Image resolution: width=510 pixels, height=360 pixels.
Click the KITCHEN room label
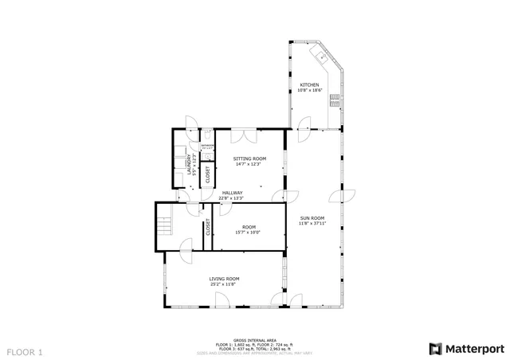pyautogui.click(x=310, y=84)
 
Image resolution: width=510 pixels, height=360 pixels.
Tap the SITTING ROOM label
pyautogui.click(x=249, y=158)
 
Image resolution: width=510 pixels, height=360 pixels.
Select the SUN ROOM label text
pyautogui.click(x=312, y=217)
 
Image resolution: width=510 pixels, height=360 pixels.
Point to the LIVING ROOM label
pyautogui.click(x=225, y=278)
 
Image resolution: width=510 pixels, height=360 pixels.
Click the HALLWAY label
pyautogui.click(x=233, y=193)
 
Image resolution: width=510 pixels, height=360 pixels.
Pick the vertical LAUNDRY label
pyautogui.click(x=190, y=163)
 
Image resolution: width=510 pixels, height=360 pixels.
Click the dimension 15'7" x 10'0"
pyautogui.click(x=247, y=233)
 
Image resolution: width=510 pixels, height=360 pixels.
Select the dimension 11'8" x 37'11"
pyautogui.click(x=312, y=223)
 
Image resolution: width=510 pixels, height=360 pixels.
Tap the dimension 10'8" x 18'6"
pyautogui.click(x=310, y=90)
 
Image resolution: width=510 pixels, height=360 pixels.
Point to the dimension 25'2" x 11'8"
pyautogui.click(x=225, y=284)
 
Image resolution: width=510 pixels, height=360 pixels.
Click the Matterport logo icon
pyautogui.click(x=433, y=348)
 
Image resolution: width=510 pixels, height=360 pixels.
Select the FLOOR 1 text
pyautogui.click(x=25, y=350)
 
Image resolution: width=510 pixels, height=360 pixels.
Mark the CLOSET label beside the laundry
pyautogui.click(x=208, y=174)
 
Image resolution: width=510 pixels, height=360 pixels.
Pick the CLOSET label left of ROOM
pyautogui.click(x=208, y=228)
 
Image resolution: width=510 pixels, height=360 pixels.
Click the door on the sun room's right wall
pyautogui.click(x=348, y=195)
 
